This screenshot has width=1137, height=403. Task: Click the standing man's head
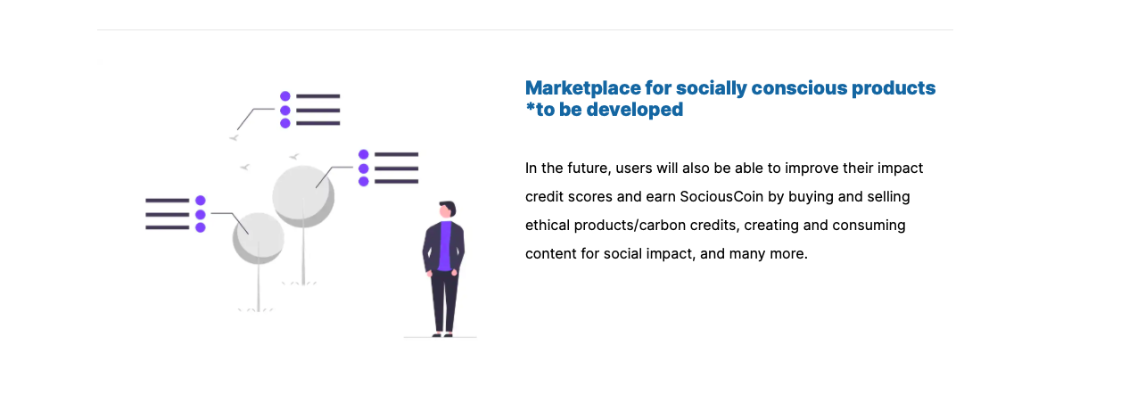[447, 210]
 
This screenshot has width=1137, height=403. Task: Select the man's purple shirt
[445, 246]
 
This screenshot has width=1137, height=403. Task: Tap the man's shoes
[442, 334]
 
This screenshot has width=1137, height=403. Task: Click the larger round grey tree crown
[303, 194]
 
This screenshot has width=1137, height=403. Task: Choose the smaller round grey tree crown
[259, 237]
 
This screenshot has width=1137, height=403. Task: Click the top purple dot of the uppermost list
[285, 96]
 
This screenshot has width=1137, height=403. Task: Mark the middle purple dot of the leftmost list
[201, 214]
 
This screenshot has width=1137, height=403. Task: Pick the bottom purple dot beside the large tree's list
[364, 182]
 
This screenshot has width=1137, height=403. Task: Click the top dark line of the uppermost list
[318, 96]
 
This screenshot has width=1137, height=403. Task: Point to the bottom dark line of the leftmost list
[168, 227]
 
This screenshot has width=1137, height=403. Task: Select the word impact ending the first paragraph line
[900, 168]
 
